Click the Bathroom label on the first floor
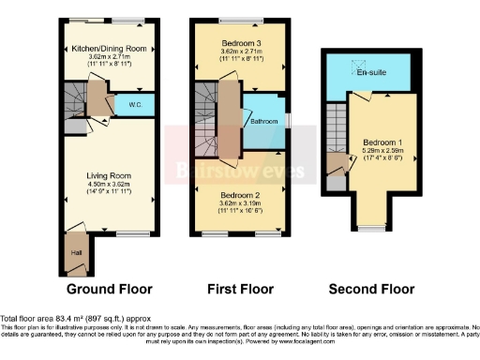point(263,121)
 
